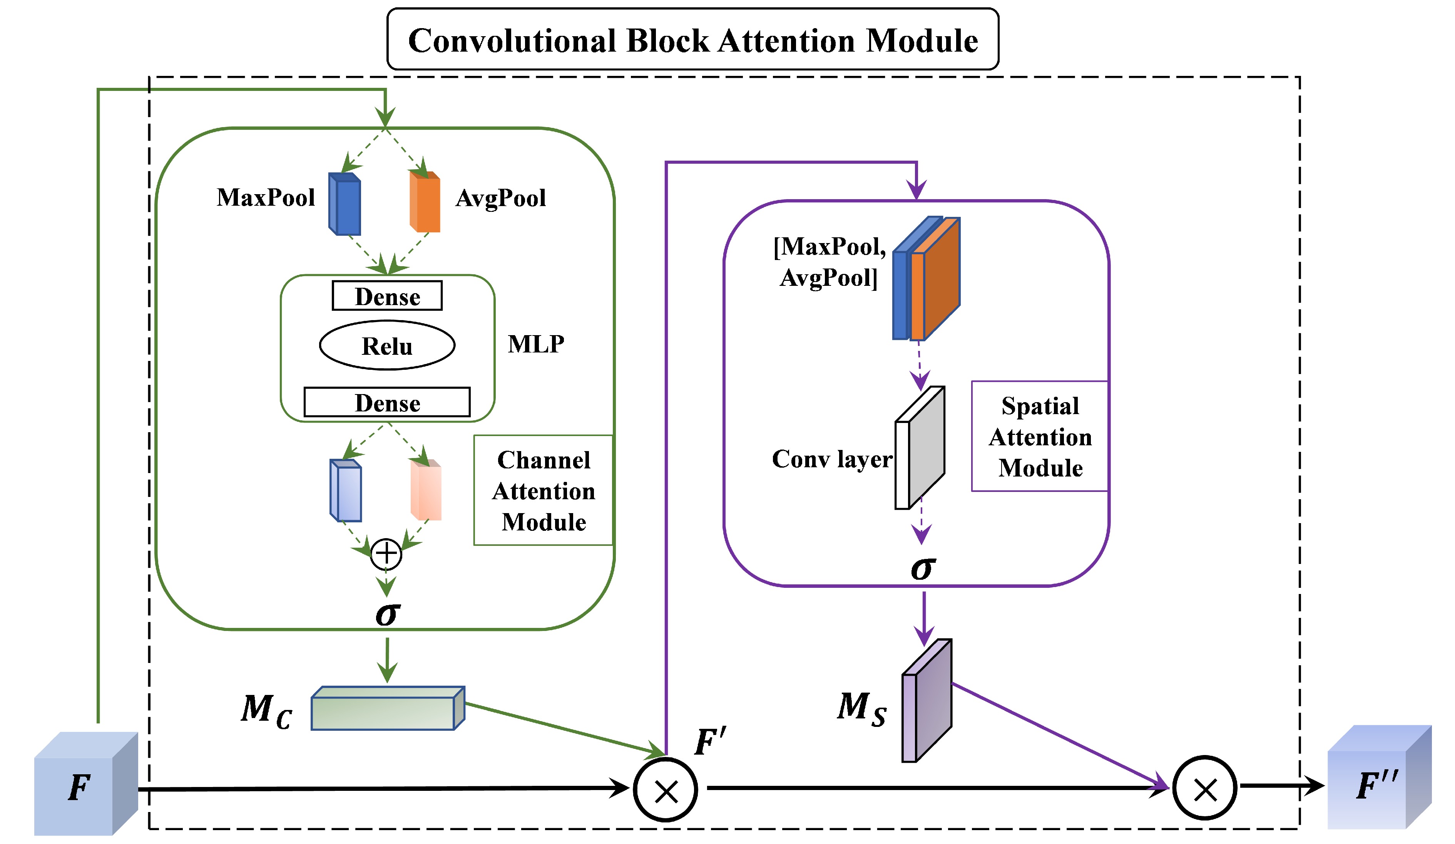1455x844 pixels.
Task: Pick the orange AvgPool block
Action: (x=425, y=202)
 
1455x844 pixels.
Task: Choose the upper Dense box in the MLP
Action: (x=387, y=296)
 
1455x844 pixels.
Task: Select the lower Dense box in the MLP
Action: (x=387, y=402)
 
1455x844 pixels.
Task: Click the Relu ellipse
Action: (x=387, y=346)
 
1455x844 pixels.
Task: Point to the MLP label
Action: (x=536, y=344)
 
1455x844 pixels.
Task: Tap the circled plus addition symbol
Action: (x=386, y=554)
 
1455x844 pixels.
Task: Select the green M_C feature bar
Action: (x=387, y=709)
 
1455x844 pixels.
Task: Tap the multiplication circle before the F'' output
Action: (x=1204, y=788)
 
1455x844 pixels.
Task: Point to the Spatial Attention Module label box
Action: (x=1039, y=436)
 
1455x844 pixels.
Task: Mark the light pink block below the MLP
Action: (x=426, y=490)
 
